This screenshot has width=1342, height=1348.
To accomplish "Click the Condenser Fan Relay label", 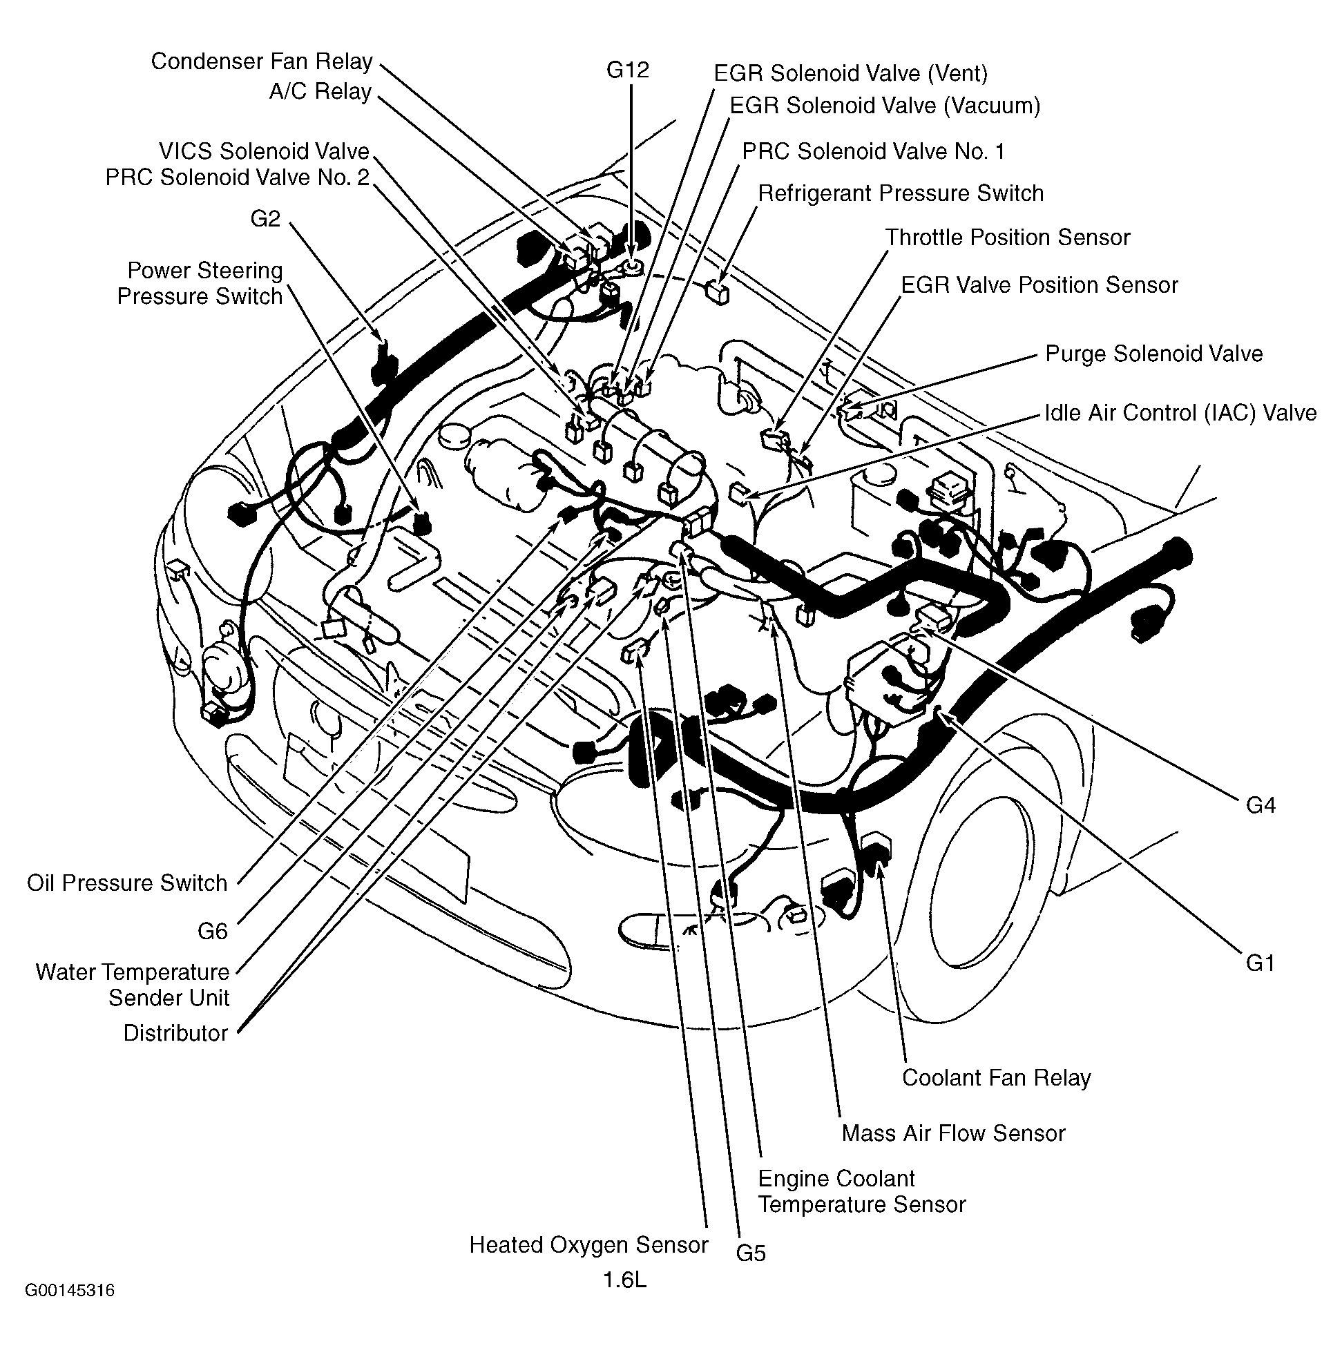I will [261, 61].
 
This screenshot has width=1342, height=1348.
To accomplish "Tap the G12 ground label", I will [627, 70].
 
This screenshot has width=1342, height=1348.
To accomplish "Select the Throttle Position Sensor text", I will [1007, 238].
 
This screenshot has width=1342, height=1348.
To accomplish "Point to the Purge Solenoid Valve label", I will [1153, 353].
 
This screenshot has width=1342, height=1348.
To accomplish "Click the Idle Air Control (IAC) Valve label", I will [1180, 412].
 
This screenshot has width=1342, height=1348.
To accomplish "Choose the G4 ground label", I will [1260, 805].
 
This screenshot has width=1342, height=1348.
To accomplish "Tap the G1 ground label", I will [1260, 963].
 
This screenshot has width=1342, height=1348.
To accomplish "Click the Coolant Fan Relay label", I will [996, 1077].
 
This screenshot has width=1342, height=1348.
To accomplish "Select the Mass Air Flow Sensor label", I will [952, 1133].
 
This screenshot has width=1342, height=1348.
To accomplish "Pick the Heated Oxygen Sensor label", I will [588, 1244].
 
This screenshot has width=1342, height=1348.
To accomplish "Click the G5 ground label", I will [750, 1253].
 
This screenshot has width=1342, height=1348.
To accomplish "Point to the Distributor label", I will [175, 1032].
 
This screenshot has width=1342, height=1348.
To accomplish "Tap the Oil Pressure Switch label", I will [127, 883].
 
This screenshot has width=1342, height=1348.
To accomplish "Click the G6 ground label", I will [212, 931].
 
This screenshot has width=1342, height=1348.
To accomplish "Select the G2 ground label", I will [265, 219].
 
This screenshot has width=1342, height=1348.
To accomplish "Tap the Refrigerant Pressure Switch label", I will [900, 193].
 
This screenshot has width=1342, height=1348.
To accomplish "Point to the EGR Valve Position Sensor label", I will [1039, 285].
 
